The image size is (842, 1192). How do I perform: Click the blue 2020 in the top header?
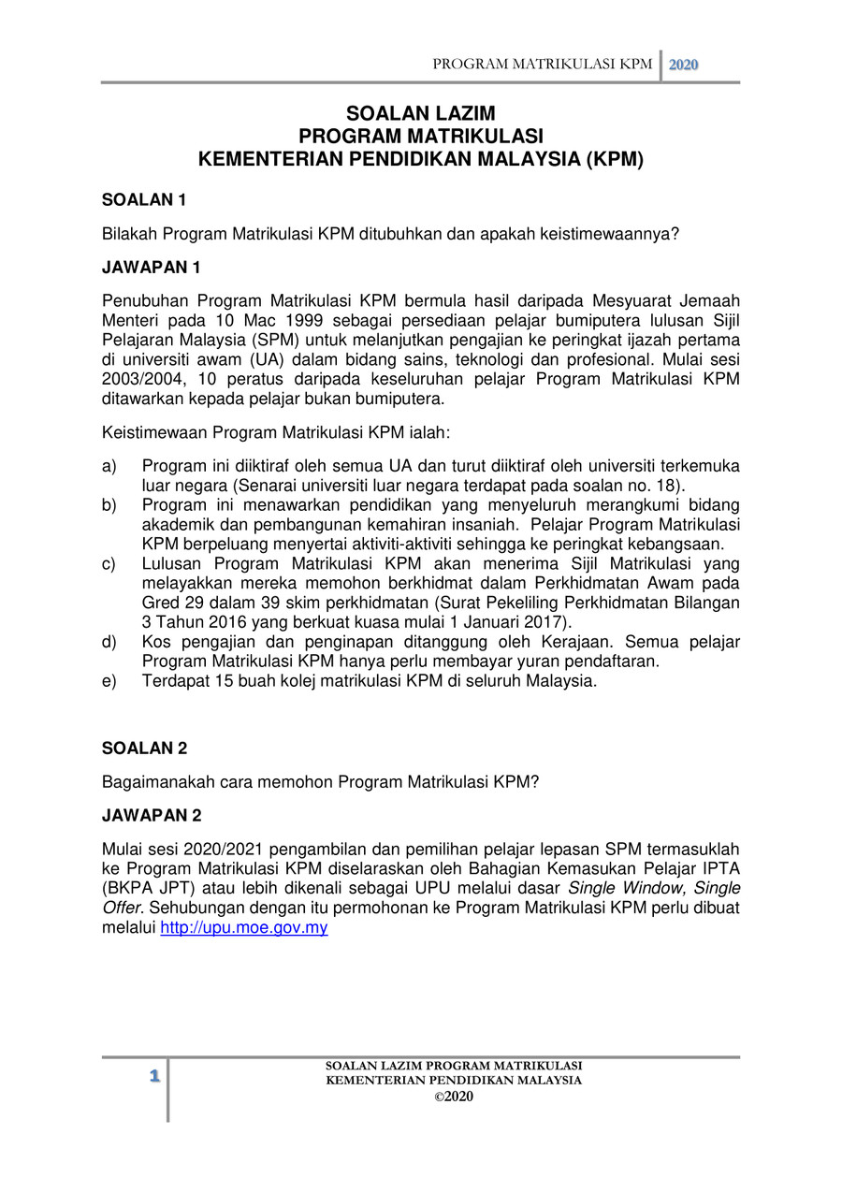pos(684,65)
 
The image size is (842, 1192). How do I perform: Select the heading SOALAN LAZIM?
pos(421,115)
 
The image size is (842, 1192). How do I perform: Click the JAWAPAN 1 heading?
pos(151,268)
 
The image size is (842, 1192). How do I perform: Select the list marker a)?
pos(109,466)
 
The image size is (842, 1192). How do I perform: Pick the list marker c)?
pos(109,563)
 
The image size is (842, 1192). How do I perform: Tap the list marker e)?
pos(109,681)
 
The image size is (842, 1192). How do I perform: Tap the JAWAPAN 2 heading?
pos(151,816)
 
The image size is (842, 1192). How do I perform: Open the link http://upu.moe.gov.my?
pos(244,928)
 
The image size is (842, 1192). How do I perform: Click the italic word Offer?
pos(123,909)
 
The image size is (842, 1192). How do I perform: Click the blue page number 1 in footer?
pos(154,1077)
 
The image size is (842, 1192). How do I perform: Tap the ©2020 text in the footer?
pos(454,1097)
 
